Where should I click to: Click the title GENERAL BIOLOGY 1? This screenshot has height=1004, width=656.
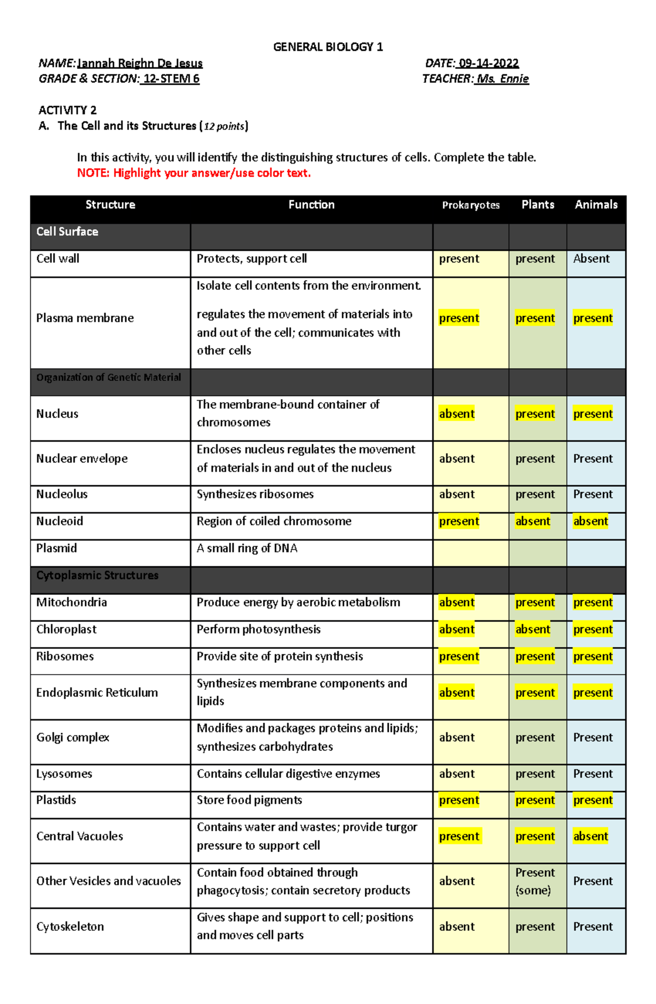(328, 47)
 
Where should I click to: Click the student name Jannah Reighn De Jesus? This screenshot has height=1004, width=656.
(140, 63)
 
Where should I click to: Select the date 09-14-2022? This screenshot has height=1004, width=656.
(489, 63)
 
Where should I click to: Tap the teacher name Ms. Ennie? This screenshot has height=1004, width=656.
(502, 79)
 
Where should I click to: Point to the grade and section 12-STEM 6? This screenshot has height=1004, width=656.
(171, 79)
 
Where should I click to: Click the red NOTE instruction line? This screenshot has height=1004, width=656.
(194, 173)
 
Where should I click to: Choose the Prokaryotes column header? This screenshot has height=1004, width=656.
(471, 205)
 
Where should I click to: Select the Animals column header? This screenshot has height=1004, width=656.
(596, 205)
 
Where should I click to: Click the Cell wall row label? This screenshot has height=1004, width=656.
(57, 258)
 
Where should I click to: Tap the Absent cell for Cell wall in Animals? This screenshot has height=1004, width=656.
(591, 258)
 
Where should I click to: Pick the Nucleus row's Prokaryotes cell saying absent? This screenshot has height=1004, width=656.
(457, 414)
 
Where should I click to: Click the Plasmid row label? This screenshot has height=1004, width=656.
(56, 548)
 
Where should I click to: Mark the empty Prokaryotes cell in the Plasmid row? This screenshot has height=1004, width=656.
(471, 553)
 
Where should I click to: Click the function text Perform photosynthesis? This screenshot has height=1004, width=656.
(259, 629)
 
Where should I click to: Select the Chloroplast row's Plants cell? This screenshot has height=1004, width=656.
(533, 630)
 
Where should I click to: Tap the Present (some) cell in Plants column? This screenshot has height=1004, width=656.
(535, 881)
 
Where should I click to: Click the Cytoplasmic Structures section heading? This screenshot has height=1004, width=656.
(97, 576)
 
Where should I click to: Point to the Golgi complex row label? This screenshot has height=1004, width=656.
(73, 738)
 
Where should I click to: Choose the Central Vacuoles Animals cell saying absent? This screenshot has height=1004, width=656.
(590, 836)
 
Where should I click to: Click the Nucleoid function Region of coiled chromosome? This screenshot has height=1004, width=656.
(274, 521)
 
